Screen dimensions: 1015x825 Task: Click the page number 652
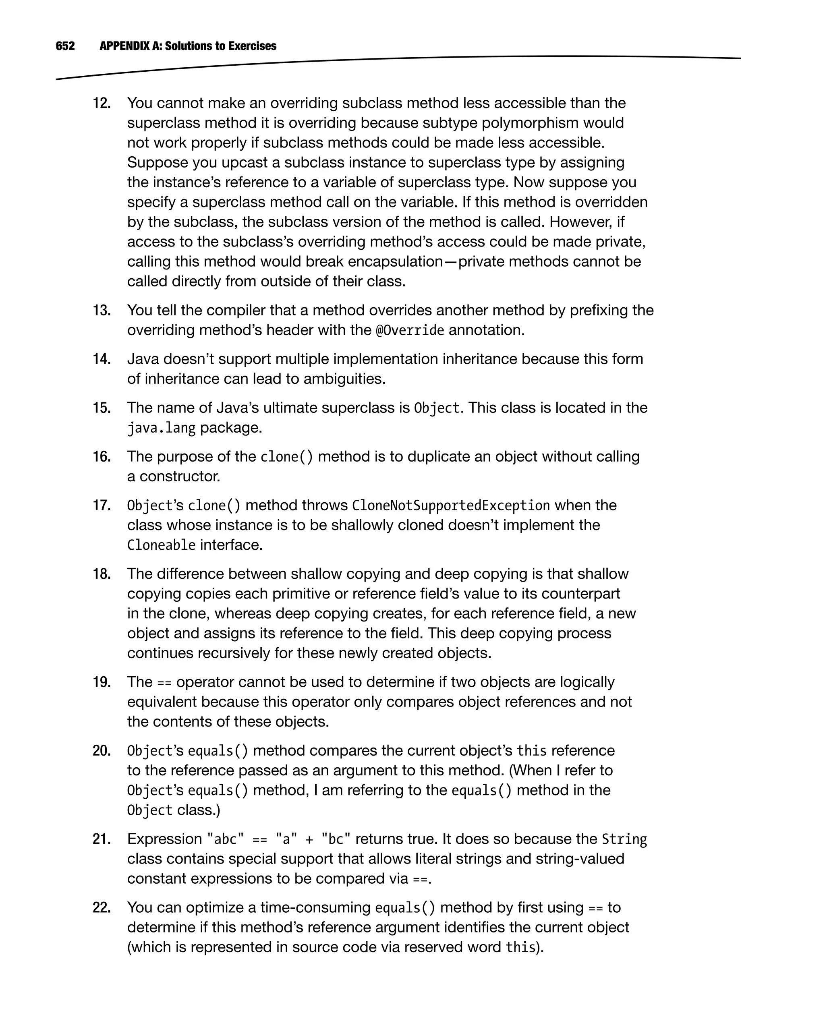click(65, 46)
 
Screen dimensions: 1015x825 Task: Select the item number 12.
click(101, 103)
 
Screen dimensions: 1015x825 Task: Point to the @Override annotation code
click(410, 330)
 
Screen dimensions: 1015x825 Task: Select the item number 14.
click(101, 359)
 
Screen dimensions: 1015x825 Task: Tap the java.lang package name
click(161, 428)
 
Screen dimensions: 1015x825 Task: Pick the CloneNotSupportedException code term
click(450, 505)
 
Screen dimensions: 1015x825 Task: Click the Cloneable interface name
click(161, 545)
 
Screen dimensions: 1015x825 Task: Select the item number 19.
click(101, 682)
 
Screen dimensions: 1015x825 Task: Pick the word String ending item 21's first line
click(624, 839)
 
